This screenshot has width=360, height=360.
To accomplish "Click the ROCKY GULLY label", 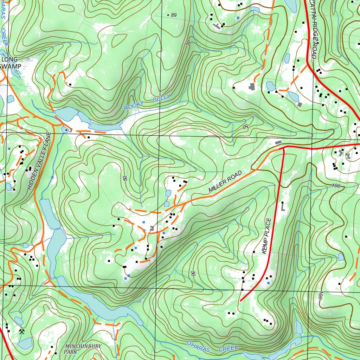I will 147,102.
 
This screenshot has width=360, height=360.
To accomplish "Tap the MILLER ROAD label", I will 225,181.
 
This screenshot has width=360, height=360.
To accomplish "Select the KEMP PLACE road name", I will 267,236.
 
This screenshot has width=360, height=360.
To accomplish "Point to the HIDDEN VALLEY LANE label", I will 39,161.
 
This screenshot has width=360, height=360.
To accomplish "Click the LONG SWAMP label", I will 11,63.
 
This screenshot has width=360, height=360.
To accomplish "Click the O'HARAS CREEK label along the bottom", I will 212,346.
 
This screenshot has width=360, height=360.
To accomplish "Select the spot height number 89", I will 173,15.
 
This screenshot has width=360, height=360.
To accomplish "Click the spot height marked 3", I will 70,130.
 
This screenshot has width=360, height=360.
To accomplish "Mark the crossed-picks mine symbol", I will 22,331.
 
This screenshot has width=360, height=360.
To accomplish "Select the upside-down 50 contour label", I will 246,126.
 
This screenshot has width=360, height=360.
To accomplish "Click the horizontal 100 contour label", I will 335,185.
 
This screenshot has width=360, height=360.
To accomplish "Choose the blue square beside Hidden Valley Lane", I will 52,177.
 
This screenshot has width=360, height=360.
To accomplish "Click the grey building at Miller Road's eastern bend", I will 278,142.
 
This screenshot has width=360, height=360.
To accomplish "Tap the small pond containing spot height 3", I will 65,130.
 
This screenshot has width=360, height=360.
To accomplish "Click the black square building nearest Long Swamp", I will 70,84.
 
